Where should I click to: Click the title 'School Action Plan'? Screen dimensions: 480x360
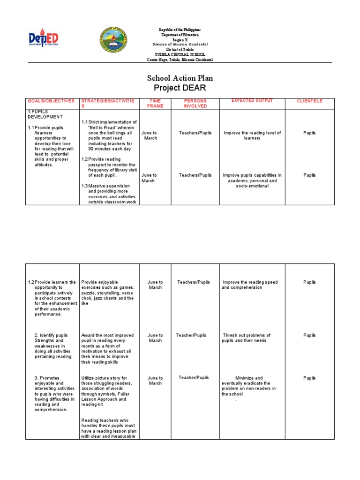click(x=180, y=78)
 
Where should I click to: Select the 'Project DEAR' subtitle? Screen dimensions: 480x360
click(x=180, y=88)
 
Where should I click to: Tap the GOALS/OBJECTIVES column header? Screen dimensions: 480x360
click(x=51, y=101)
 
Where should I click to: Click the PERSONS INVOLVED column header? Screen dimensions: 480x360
click(x=195, y=104)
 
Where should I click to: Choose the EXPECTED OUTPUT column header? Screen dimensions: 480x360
click(x=252, y=101)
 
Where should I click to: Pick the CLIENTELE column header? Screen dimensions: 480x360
click(x=309, y=101)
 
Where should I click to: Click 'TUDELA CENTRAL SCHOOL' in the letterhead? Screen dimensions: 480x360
click(x=180, y=55)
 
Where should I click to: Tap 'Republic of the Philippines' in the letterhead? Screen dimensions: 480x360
click(x=180, y=30)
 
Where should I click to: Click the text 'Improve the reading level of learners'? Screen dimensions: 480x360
click(x=252, y=135)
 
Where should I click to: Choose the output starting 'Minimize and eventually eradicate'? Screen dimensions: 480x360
click(x=249, y=386)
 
